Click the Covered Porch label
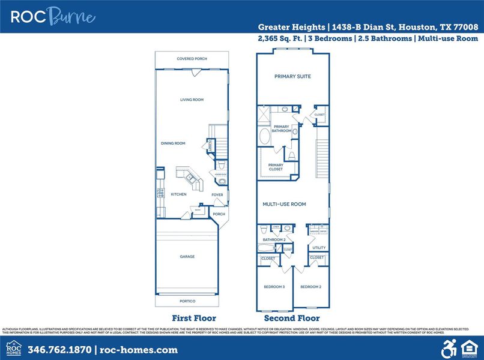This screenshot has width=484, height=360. click(192, 59)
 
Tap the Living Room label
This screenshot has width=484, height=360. click(192, 100)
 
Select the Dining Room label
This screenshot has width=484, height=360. click(173, 143)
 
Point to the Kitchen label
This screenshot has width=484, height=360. click(178, 194)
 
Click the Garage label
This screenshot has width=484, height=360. click(187, 256)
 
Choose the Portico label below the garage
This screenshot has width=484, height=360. click(188, 301)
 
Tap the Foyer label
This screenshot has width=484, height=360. click(217, 194)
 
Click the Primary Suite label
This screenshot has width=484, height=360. click(292, 76)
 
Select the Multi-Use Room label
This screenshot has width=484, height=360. click(284, 205)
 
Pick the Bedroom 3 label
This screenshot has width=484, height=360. click(274, 287)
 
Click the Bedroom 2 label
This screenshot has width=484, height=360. click(311, 287)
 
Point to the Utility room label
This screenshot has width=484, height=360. click(319, 247)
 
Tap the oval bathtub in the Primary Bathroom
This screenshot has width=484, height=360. click(265, 136)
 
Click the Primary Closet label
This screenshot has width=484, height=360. click(276, 167)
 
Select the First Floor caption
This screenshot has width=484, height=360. click(193, 318)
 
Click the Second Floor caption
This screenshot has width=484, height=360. click(292, 318)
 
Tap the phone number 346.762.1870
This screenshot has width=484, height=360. click(59, 350)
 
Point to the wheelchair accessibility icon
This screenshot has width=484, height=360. click(449, 348)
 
